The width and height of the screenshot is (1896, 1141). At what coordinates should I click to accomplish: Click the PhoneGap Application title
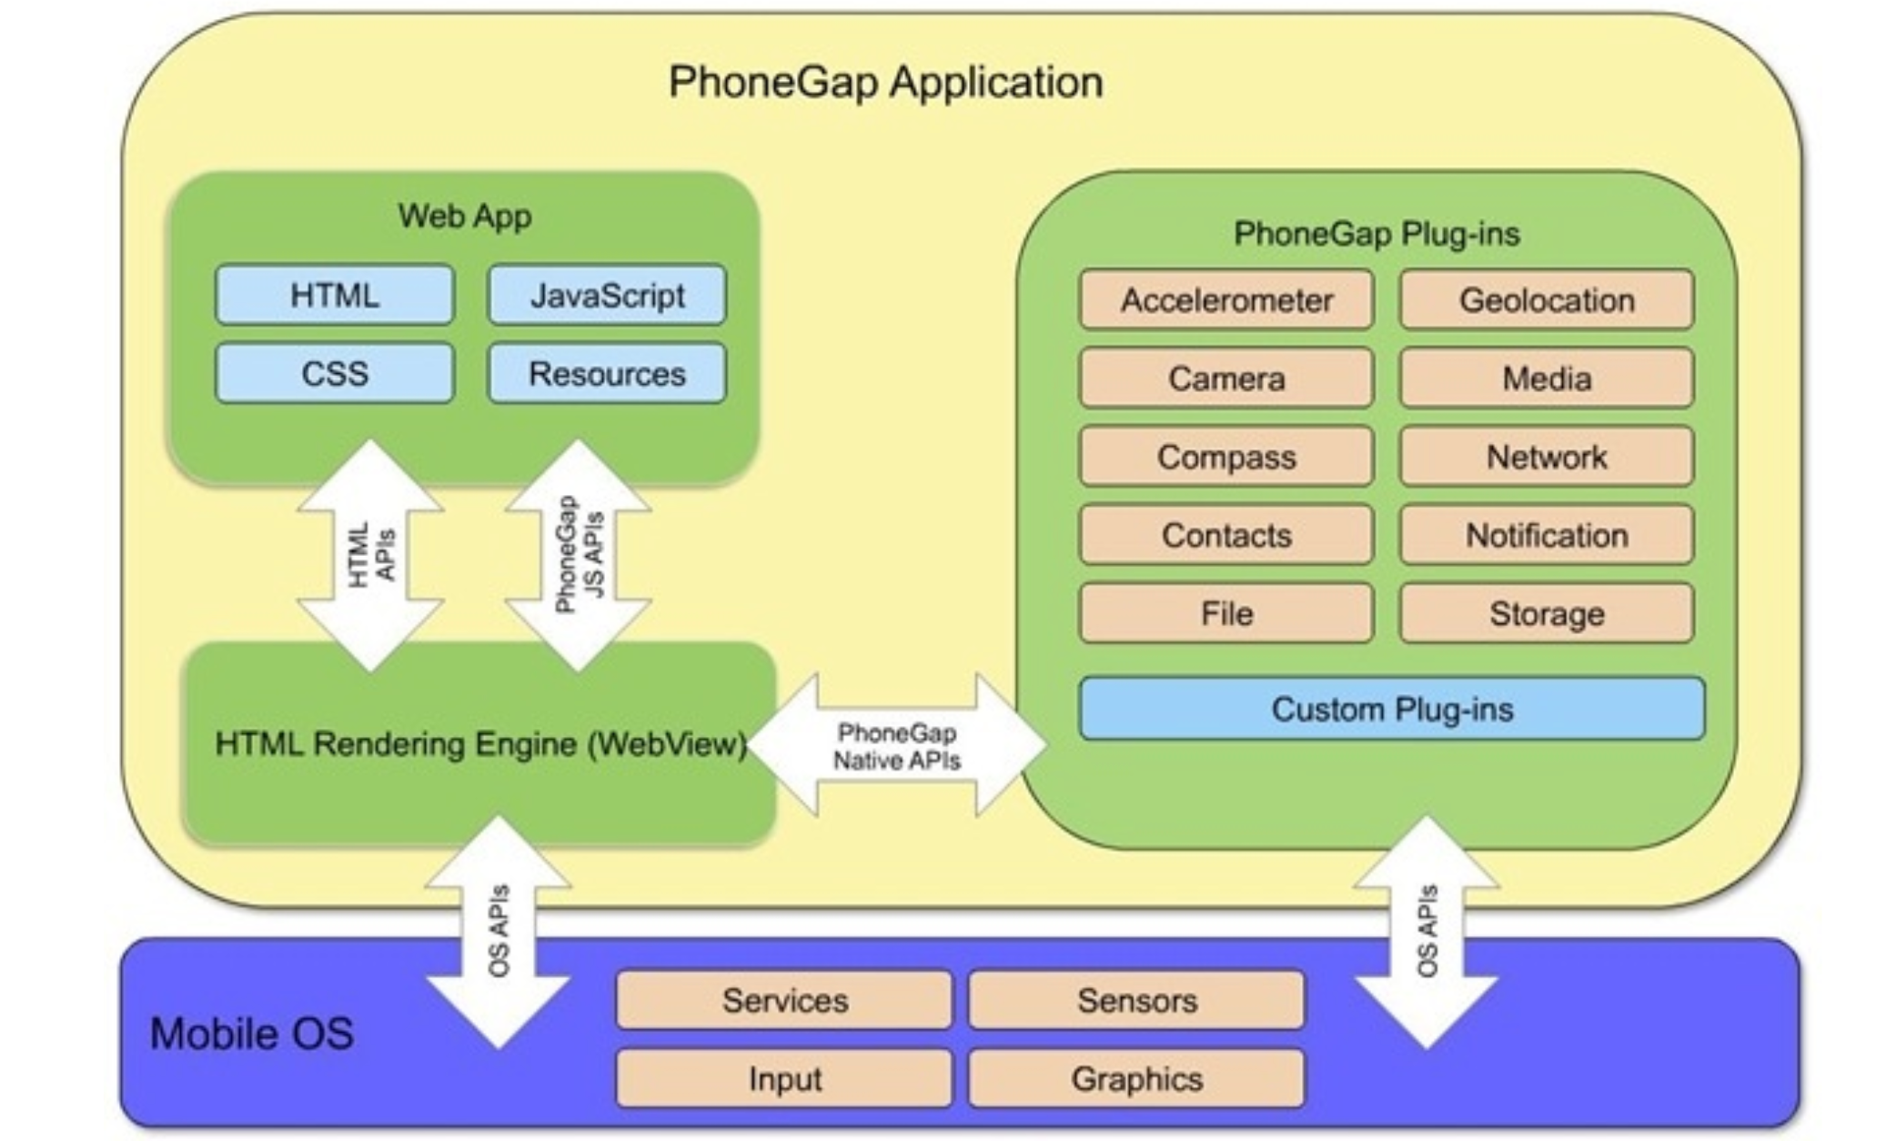(x=885, y=82)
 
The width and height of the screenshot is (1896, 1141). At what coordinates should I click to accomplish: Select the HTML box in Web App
(x=334, y=295)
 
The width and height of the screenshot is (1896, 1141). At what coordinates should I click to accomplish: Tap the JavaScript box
(x=607, y=295)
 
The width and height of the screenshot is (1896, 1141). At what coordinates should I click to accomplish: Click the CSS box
(x=334, y=373)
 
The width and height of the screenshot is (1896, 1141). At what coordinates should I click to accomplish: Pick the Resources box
(x=607, y=373)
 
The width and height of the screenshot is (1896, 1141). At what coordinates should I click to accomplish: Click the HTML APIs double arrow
(x=371, y=555)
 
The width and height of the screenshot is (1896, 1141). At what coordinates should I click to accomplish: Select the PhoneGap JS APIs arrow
(x=579, y=555)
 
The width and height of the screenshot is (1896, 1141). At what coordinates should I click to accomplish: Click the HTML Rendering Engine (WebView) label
(x=480, y=744)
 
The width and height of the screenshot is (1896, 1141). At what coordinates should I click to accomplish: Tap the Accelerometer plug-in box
(x=1225, y=299)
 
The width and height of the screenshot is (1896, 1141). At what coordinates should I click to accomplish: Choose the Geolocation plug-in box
(x=1547, y=299)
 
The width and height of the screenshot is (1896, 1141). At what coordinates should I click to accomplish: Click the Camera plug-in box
(x=1225, y=378)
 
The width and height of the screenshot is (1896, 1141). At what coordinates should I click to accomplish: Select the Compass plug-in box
(x=1225, y=456)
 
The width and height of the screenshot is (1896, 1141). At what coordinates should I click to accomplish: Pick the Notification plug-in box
(x=1547, y=535)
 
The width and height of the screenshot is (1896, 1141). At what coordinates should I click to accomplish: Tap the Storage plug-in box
(x=1547, y=613)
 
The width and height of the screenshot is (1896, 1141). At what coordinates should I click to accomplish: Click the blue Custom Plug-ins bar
(x=1392, y=709)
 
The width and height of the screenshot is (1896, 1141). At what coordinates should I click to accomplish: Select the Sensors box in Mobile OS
(x=1136, y=1000)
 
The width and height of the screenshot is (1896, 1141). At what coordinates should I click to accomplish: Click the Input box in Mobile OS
(x=784, y=1078)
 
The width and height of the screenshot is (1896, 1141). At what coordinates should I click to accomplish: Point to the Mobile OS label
(x=251, y=1034)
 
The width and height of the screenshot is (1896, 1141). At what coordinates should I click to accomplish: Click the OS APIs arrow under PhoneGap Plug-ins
(x=1427, y=932)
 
